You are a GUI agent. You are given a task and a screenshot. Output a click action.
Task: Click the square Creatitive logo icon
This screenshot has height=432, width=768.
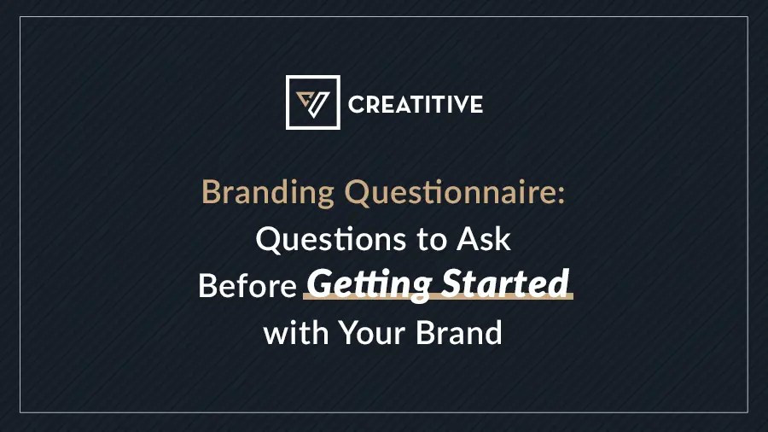click(312, 102)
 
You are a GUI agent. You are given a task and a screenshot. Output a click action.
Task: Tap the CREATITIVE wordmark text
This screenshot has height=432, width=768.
click(415, 105)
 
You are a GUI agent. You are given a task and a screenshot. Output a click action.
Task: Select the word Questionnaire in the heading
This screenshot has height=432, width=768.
click(450, 193)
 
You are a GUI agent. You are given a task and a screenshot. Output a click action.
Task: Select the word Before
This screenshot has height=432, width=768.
click(247, 286)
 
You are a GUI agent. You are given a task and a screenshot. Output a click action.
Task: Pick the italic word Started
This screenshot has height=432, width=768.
click(503, 283)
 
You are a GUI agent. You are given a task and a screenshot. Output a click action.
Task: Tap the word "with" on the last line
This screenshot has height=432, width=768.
click(296, 331)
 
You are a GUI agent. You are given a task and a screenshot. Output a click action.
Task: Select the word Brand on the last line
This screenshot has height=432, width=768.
click(459, 331)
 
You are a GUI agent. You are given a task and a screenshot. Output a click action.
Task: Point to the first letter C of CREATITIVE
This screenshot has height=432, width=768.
click(357, 105)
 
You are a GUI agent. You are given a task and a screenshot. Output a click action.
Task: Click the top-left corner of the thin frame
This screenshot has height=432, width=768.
click(20, 18)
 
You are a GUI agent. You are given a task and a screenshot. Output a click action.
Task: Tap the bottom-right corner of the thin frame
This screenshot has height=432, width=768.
click(748, 413)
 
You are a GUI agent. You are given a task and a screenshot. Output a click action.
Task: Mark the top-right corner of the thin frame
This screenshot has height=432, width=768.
click(748, 18)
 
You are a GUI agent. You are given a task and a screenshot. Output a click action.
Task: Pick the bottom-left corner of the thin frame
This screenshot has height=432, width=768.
click(20, 413)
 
